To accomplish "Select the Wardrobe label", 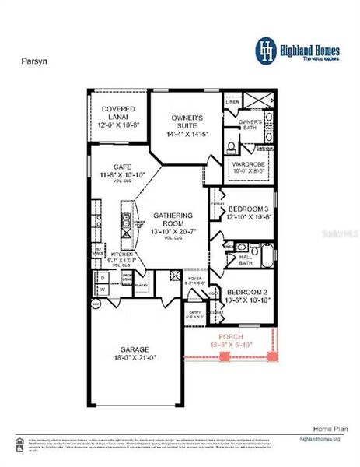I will (x=248, y=164).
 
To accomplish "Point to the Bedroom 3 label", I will (x=250, y=209).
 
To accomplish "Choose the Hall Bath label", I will (x=245, y=260).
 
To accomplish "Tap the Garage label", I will (x=134, y=349).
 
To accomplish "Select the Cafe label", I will (x=121, y=167).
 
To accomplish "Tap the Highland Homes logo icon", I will (x=266, y=49).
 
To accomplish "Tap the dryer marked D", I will (x=101, y=278).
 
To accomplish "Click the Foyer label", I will (x=195, y=279).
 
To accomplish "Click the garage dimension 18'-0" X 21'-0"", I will (x=134, y=357).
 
